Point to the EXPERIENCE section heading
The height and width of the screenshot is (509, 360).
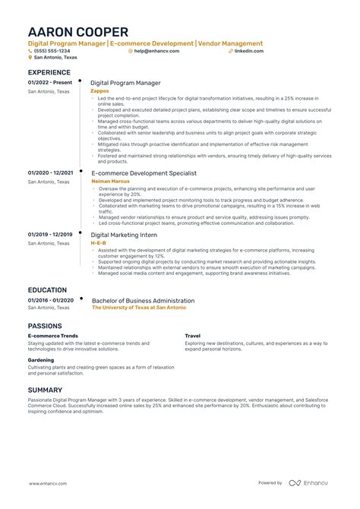49,72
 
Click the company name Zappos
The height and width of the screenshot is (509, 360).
99,90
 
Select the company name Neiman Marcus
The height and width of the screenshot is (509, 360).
110,182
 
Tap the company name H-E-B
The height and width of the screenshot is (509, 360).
98,242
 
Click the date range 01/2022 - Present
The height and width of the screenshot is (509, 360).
49,82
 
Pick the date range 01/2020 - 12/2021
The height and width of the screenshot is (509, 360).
51,173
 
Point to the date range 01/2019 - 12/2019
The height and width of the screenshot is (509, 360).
50,234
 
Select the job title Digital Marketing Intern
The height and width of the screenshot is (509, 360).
125,235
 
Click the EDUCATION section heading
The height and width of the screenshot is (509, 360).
46,290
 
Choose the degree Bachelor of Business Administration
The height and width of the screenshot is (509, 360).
143,300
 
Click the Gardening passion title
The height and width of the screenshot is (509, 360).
41,360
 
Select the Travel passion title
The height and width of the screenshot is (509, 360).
192,335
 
